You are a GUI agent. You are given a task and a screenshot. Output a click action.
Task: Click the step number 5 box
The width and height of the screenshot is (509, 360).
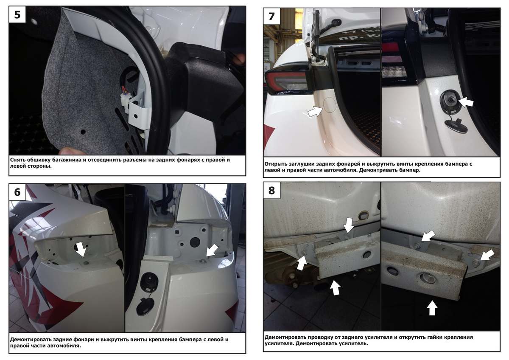[17, 14]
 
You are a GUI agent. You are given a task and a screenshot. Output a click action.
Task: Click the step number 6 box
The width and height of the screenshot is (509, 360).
[17, 192]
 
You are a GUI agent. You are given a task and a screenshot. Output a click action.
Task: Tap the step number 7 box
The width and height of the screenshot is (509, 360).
[272, 17]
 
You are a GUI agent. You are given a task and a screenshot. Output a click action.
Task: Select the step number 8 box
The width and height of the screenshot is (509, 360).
[272, 191]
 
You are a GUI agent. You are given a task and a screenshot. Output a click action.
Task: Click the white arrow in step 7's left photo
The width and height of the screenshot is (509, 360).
[315, 111]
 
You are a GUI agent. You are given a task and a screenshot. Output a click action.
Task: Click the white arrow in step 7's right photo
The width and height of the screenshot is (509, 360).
[466, 102]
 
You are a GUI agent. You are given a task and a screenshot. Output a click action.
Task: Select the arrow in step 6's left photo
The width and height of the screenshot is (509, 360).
[81, 249]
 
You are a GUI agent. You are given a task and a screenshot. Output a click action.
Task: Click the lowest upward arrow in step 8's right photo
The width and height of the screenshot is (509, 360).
[432, 308]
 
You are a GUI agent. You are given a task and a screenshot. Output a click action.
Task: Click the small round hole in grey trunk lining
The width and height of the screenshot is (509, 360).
[83, 132]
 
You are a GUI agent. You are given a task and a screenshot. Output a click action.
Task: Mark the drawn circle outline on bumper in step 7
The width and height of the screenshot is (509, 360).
[330, 105]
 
